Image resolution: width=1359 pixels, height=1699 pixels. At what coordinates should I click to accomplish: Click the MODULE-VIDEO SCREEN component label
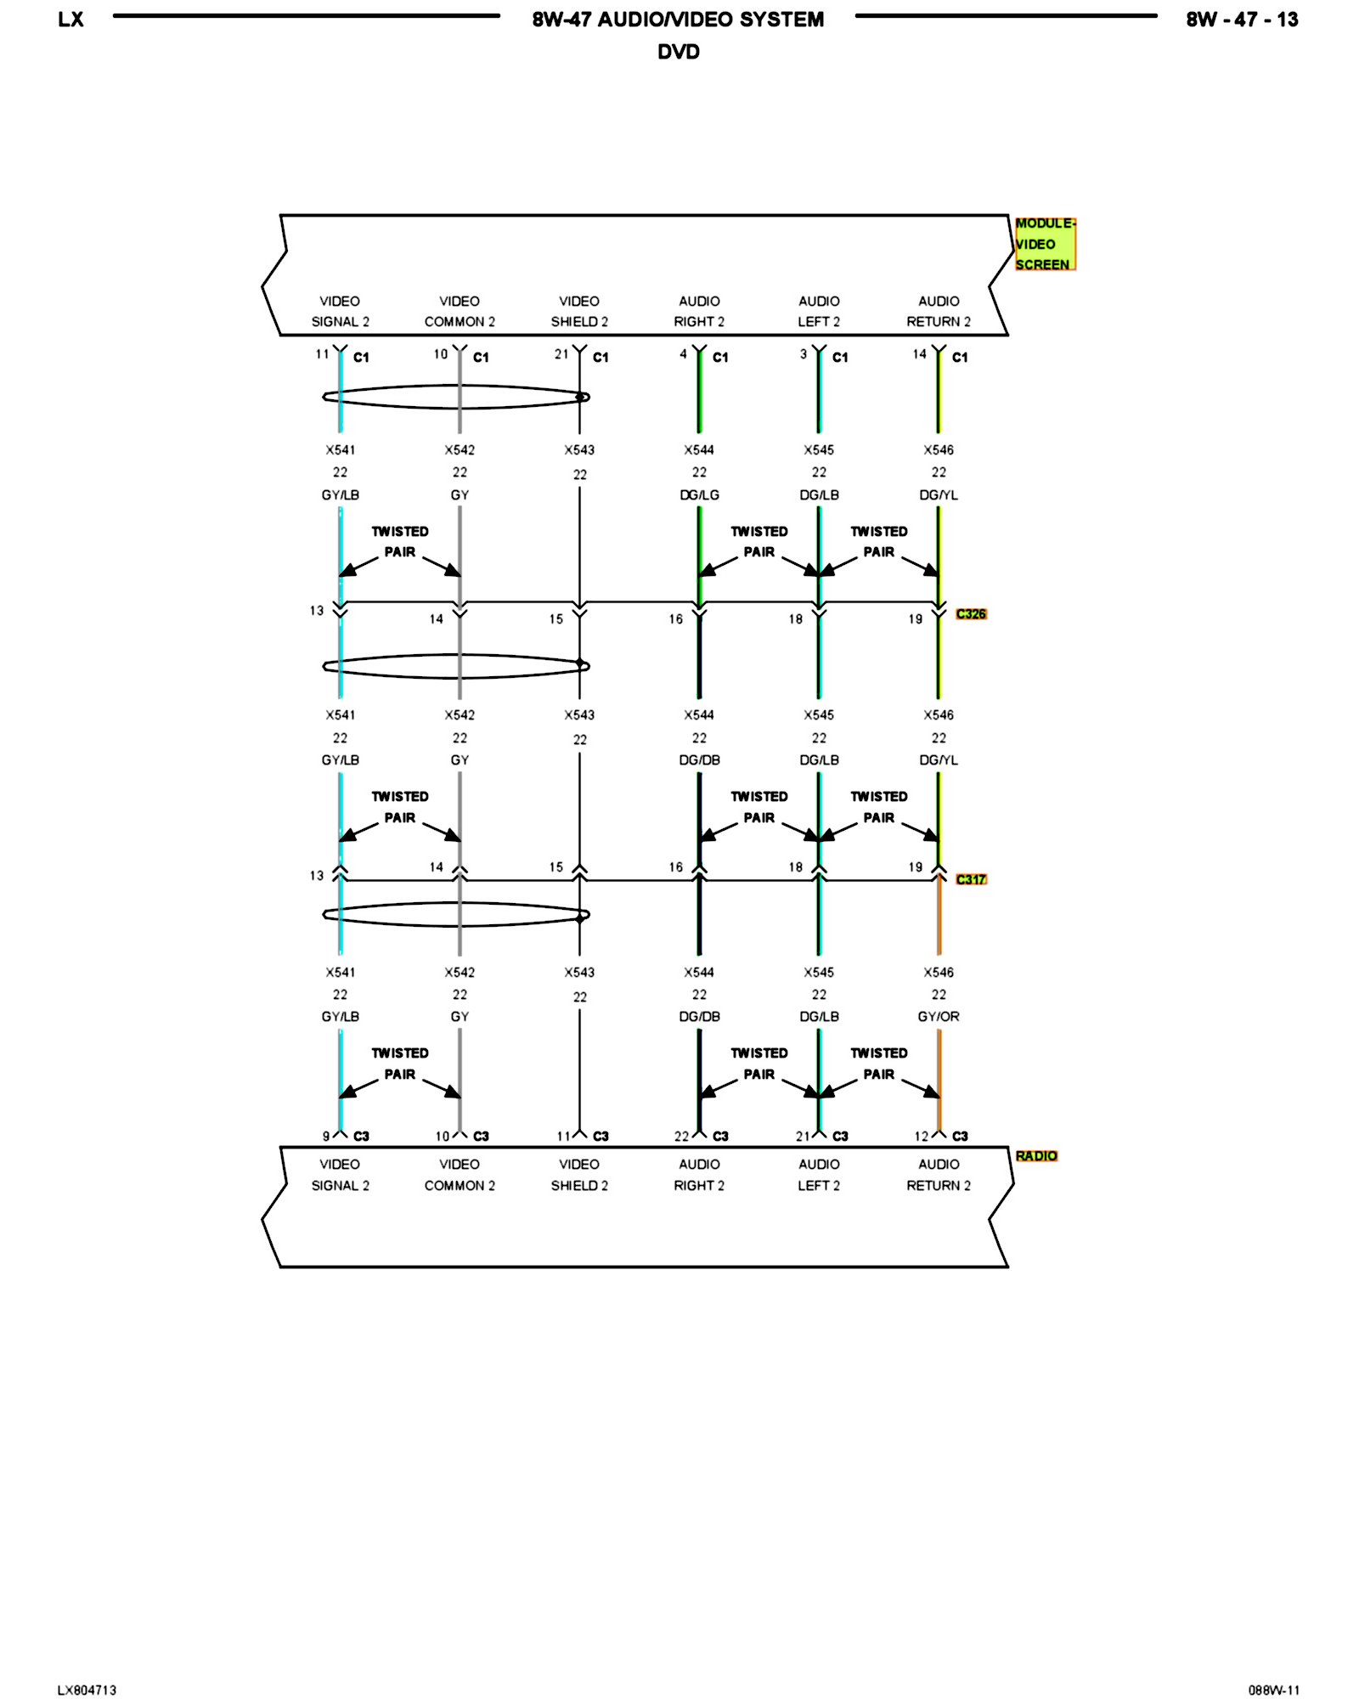point(1044,244)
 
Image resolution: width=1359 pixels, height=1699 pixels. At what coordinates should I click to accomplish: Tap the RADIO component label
point(1036,1155)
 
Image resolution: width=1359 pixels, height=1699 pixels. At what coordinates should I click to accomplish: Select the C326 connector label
point(971,613)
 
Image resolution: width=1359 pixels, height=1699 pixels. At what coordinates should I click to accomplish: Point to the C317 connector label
point(971,879)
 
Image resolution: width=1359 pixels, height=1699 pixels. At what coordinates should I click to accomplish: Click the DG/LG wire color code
point(699,494)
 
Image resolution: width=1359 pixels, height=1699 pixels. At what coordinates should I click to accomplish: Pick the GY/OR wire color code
point(939,1016)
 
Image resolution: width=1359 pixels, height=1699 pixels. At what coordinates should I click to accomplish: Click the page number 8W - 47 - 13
point(1242,20)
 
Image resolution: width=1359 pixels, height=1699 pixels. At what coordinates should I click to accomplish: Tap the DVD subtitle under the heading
point(679,52)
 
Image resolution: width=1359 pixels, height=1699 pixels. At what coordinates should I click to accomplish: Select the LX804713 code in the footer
point(87,1690)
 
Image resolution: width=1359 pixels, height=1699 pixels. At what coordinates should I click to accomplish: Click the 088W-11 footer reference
point(1273,1690)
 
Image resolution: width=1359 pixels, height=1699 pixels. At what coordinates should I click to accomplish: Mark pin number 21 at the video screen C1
point(561,354)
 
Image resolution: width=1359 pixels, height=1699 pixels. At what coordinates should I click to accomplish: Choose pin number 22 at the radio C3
point(681,1136)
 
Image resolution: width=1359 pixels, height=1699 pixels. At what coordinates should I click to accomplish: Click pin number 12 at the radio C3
point(922,1136)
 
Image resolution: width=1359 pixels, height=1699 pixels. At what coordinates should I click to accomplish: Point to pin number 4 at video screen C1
point(683,354)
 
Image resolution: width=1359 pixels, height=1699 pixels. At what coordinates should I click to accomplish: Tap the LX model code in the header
point(70,20)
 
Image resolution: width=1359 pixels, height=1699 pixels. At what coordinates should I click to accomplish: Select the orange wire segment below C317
point(939,917)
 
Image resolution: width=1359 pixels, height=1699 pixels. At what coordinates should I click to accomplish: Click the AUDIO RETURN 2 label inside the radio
point(939,1174)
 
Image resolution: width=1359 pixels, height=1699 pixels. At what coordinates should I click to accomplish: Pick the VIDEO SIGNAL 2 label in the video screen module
point(340,311)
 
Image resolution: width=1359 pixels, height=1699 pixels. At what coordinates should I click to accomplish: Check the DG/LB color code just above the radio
point(819,1016)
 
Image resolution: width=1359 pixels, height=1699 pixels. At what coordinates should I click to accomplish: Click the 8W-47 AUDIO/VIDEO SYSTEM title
point(678,20)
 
